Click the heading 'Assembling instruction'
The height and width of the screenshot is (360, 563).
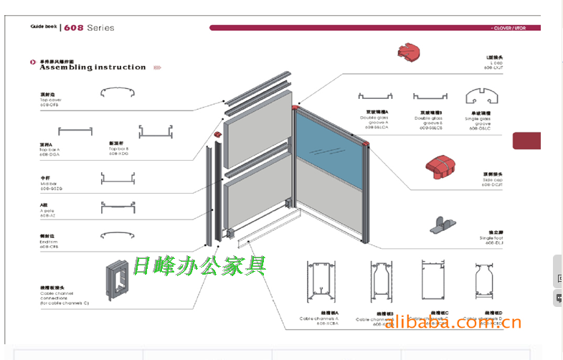click(93, 67)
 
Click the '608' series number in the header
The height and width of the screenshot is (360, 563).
click(74, 28)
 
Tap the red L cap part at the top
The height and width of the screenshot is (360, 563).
click(411, 52)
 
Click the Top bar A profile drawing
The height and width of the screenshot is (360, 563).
click(75, 131)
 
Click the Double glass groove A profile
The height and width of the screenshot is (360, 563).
click(378, 97)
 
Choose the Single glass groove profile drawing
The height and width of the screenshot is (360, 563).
click(482, 97)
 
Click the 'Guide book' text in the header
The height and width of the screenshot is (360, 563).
click(43, 27)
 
